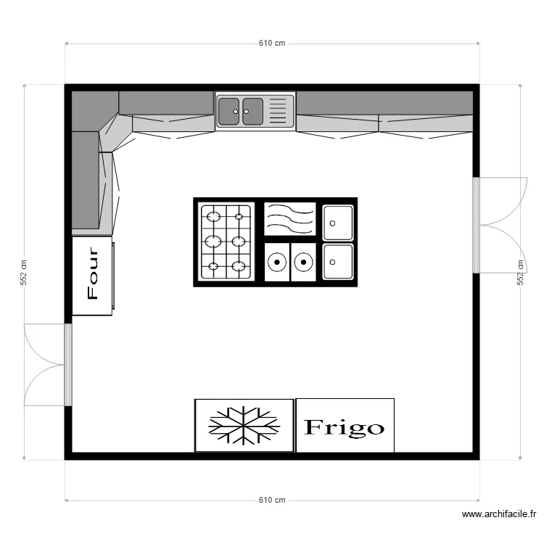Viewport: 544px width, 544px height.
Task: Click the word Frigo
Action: (x=344, y=427)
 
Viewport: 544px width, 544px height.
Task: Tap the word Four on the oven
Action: (x=93, y=273)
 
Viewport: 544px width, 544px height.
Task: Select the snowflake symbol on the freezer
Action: (x=244, y=426)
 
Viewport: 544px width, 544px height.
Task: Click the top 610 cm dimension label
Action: (x=272, y=43)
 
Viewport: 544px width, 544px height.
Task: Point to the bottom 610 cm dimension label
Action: (x=272, y=500)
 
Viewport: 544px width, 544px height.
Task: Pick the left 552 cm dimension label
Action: (x=24, y=272)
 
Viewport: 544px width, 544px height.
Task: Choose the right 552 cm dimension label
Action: (x=520, y=272)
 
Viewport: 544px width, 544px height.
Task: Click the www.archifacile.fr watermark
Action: (x=499, y=514)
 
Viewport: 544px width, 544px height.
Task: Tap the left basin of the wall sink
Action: (x=229, y=112)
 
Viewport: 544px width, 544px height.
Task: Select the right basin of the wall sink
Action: (x=252, y=112)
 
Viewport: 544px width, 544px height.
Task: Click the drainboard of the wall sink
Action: (x=278, y=111)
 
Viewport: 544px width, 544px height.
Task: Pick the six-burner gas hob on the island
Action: (x=226, y=242)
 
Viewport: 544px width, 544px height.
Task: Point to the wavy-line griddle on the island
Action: (x=290, y=219)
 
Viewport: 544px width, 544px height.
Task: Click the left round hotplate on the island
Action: (x=277, y=263)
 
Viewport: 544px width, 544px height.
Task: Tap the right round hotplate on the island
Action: (x=304, y=263)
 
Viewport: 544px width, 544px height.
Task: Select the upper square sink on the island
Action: (x=338, y=223)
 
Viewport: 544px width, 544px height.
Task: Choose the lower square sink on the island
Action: (x=338, y=262)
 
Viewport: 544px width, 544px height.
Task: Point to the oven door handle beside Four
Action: (x=113, y=276)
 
